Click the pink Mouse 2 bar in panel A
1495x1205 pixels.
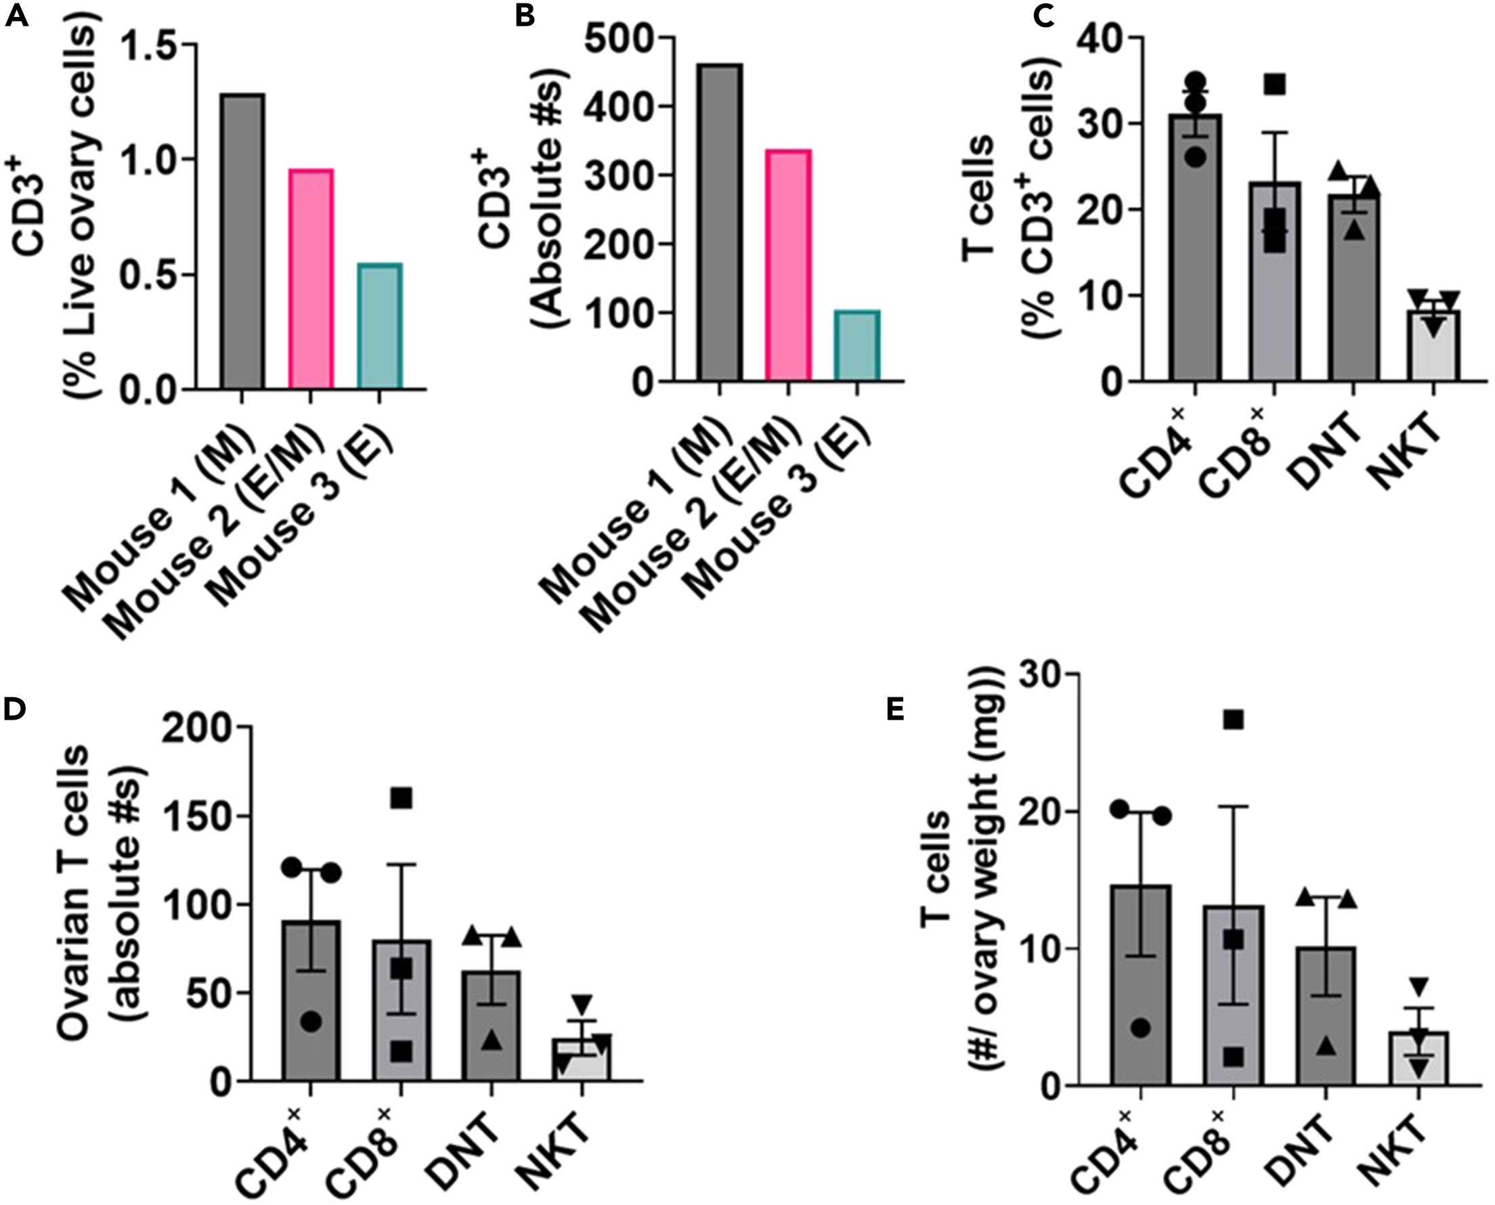[310, 278]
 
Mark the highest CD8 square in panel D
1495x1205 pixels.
[401, 799]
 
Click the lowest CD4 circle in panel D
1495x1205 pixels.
[311, 1021]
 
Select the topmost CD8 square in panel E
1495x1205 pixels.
[1234, 720]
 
